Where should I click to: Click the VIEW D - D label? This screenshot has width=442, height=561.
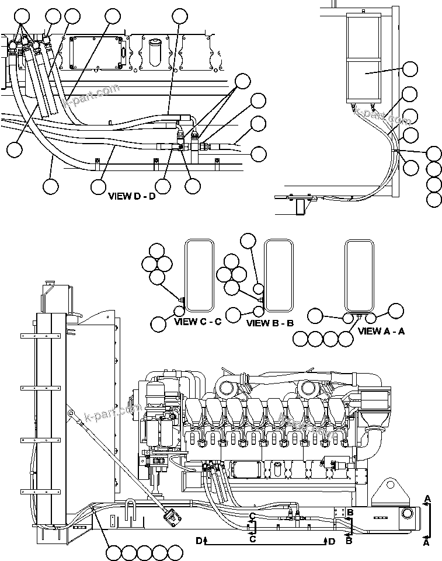click(132, 196)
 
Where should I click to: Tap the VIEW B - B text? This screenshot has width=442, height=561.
click(270, 323)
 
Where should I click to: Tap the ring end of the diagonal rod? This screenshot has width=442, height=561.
click(71, 414)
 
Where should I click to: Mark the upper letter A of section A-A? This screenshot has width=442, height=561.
click(428, 498)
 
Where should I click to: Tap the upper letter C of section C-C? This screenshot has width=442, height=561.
click(252, 515)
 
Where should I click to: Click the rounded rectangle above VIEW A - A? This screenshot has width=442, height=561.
click(359, 274)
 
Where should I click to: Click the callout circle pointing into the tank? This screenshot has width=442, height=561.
click(410, 69)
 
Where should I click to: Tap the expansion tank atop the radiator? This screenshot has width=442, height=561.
click(55, 297)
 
